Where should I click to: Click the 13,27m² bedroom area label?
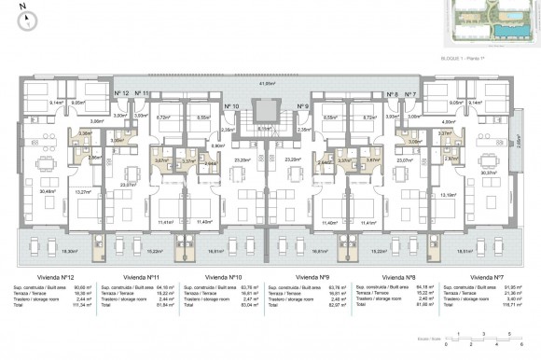[83, 193]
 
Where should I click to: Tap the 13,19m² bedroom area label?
[449, 194]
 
